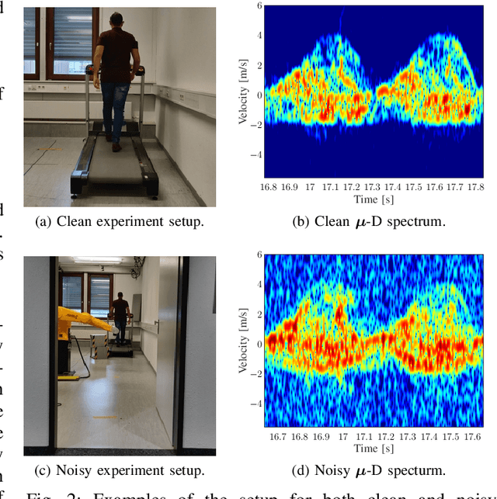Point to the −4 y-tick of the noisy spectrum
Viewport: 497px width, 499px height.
click(x=256, y=403)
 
